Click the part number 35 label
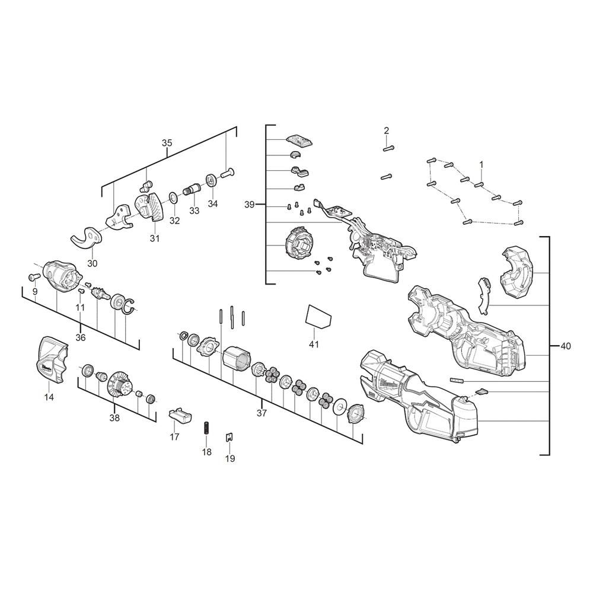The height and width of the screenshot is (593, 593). (167, 143)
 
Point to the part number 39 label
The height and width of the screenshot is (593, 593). (249, 204)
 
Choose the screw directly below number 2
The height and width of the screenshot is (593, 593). (387, 176)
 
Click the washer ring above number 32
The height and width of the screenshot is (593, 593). (172, 196)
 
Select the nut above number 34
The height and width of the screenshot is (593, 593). (211, 179)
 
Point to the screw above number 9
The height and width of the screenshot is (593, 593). (33, 276)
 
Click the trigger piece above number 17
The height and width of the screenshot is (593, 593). (179, 414)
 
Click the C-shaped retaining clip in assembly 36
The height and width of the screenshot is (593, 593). (129, 305)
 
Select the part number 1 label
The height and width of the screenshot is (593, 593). (481, 164)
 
